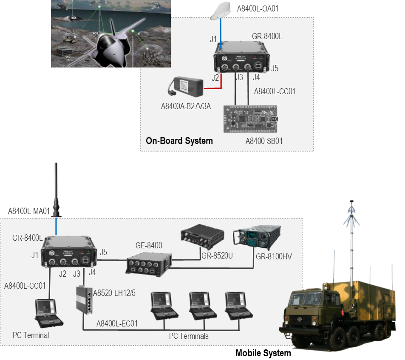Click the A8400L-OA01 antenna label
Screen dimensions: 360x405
point(258,8)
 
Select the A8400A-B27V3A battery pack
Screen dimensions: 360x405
point(186,87)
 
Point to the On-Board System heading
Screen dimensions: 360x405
point(179,141)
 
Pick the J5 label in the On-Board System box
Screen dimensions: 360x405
point(275,68)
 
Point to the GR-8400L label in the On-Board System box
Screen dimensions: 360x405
point(267,37)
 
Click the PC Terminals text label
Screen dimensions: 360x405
point(189,336)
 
